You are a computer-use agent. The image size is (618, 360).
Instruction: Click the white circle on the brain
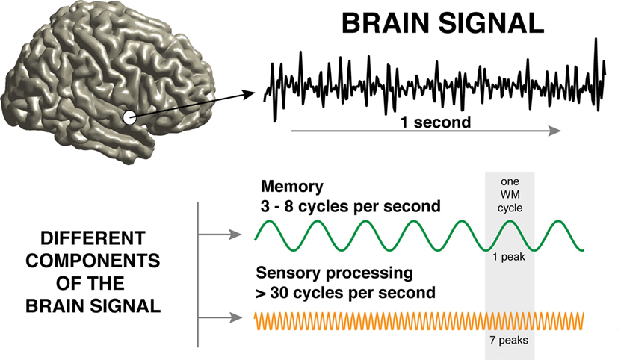(x=129, y=118)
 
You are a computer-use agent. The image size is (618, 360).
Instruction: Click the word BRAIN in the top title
(x=386, y=23)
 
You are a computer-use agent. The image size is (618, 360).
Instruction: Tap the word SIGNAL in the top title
(x=491, y=23)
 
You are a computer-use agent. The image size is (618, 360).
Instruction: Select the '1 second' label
(x=436, y=122)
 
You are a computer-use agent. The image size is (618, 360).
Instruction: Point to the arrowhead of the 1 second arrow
(x=555, y=131)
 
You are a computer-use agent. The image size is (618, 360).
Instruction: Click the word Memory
(x=292, y=186)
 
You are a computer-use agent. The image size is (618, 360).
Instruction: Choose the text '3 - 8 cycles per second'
(x=350, y=206)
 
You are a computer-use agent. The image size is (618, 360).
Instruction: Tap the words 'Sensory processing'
(x=334, y=273)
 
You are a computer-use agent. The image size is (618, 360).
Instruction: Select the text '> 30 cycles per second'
(x=345, y=293)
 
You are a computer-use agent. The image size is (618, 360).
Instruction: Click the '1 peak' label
(x=509, y=257)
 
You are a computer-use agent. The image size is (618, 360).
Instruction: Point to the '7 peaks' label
(x=509, y=340)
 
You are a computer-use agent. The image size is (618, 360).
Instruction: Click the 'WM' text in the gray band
(x=510, y=195)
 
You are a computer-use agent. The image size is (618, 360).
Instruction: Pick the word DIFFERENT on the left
(x=93, y=238)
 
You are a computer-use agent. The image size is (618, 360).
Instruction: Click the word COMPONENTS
(x=93, y=261)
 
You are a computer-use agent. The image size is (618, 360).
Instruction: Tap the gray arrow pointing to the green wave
(x=220, y=235)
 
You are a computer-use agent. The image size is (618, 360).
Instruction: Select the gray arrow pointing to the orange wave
(x=220, y=317)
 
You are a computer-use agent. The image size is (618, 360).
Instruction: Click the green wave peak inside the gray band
(x=510, y=221)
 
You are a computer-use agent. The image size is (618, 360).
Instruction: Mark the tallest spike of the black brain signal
(x=596, y=39)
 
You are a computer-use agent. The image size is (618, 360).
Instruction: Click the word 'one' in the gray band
(x=510, y=181)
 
